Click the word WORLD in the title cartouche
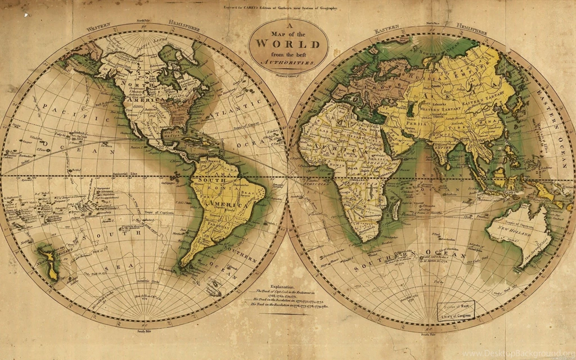pos(288,43)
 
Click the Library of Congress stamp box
pos(456,310)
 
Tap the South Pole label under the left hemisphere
pos(145,331)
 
